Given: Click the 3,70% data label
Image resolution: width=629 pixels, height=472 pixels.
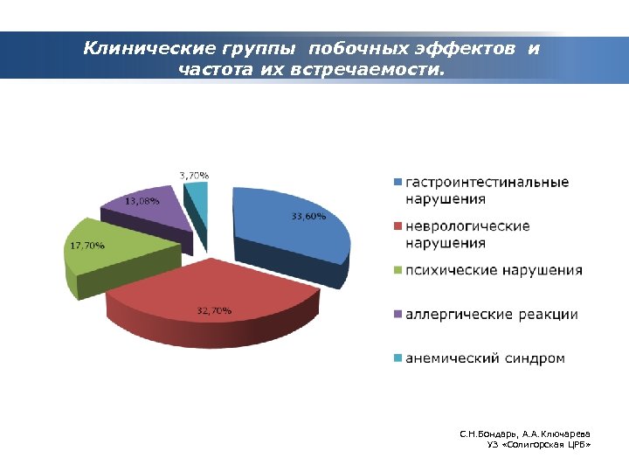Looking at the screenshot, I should [x=194, y=176].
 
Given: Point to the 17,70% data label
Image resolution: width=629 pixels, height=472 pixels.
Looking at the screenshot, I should [x=86, y=246].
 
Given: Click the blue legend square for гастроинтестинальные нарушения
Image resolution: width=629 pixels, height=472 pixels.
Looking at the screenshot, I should [x=397, y=183].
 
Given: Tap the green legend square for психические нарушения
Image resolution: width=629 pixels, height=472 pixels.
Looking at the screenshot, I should [x=397, y=271].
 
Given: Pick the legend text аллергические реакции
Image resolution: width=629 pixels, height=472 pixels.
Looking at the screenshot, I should [x=490, y=315].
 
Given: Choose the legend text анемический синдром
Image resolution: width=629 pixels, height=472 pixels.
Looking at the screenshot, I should [x=484, y=358].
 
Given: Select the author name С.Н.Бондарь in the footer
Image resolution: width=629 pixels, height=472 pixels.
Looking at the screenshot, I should [x=489, y=434].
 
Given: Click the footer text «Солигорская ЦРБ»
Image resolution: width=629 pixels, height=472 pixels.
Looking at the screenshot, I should [x=544, y=446].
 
